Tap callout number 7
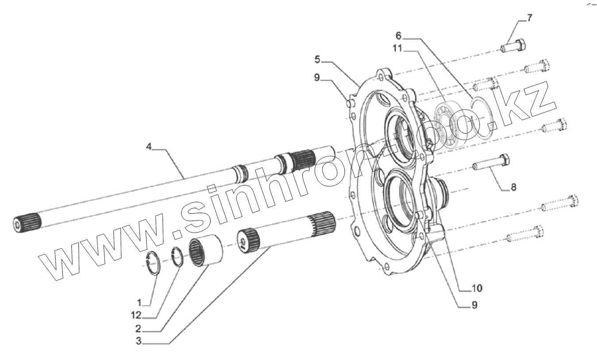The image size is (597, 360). [x=530, y=18]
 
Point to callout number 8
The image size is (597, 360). [x=513, y=187]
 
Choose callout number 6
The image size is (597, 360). [x=398, y=35]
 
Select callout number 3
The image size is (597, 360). [x=139, y=342]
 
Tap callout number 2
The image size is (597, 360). [x=139, y=329]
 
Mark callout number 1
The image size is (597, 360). [x=139, y=303]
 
